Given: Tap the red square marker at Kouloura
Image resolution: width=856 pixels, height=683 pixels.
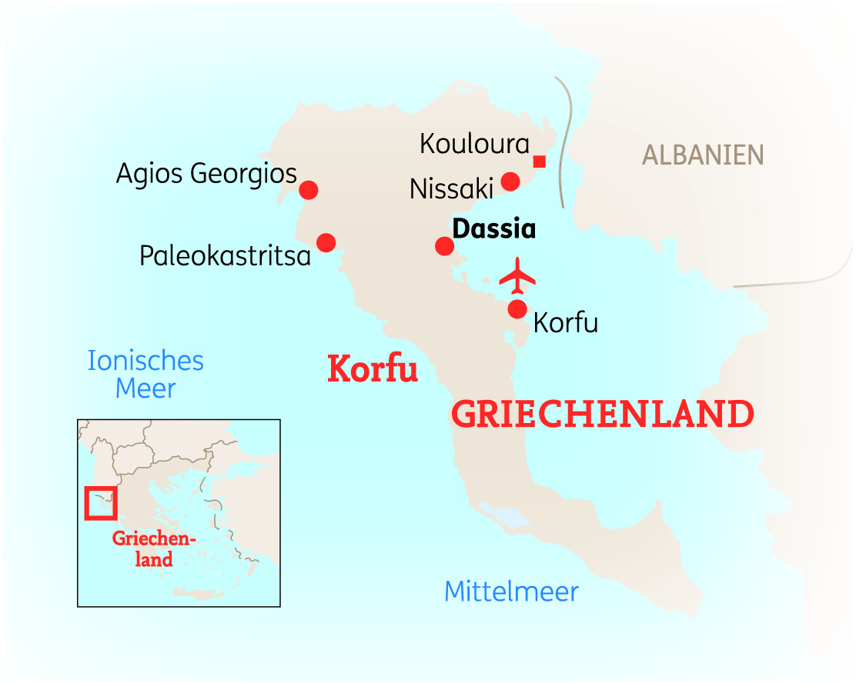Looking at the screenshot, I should click(x=540, y=161).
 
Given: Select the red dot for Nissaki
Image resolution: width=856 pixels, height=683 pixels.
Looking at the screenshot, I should click(x=510, y=182).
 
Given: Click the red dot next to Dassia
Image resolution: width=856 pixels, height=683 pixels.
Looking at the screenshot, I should click(x=444, y=246).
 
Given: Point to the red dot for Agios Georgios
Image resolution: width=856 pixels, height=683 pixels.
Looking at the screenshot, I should click(x=309, y=190).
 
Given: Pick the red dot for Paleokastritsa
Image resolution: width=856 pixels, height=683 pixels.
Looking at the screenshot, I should click(x=326, y=242).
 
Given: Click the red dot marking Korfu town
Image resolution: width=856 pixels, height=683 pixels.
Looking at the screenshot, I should click(x=517, y=309).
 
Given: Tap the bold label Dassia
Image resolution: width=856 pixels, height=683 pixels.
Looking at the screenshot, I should click(x=493, y=229).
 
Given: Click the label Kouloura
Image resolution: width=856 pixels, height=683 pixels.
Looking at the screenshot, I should click(x=475, y=144).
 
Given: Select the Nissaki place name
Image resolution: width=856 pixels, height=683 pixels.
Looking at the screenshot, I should click(x=451, y=188).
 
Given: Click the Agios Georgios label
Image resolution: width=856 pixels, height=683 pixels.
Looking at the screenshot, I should click(x=206, y=174).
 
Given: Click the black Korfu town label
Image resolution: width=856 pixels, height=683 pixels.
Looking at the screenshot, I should click(x=566, y=322).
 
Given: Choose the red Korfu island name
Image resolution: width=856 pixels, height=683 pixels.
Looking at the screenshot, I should click(x=373, y=369).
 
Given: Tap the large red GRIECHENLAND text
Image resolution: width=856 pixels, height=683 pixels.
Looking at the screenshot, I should click(x=602, y=415).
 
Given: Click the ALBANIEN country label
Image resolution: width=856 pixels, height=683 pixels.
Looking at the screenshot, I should click(x=703, y=155).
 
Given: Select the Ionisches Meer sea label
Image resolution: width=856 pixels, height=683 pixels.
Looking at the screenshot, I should click(x=145, y=374).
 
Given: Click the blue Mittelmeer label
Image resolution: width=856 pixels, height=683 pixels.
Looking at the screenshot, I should click(x=511, y=591).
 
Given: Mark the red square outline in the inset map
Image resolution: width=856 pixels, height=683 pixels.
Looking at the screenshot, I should click(x=100, y=503).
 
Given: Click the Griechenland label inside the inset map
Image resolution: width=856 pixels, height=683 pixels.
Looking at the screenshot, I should click(x=154, y=548).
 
